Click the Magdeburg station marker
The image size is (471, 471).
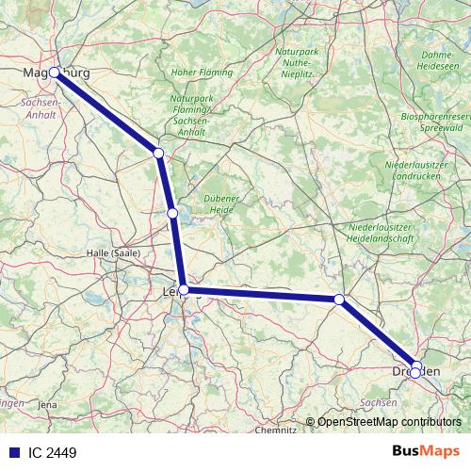click(55, 73)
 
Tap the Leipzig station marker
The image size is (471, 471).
click(185, 290)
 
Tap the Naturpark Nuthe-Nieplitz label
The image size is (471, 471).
click(297, 58)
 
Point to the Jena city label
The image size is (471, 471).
click(47, 404)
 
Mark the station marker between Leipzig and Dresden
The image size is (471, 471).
click(340, 300)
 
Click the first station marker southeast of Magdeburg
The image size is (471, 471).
click(158, 153)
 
